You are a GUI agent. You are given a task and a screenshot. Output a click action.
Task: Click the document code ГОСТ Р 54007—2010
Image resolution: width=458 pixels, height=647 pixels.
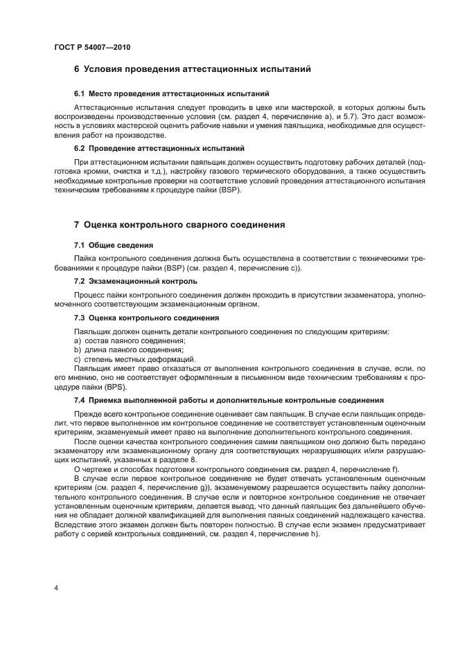point(91,48)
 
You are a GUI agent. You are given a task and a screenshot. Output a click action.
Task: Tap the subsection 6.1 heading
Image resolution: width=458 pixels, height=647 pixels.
point(171,93)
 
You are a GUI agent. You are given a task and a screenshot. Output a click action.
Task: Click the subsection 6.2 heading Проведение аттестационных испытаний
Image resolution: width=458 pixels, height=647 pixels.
point(159,148)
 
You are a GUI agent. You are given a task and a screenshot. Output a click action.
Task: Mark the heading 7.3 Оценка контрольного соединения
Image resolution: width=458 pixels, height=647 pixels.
point(146,318)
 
